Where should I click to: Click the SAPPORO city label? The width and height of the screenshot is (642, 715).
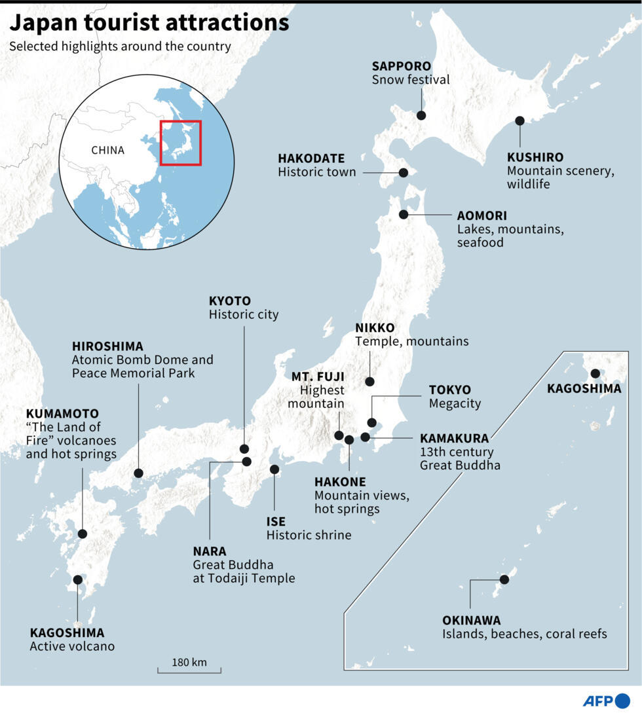click(x=401, y=66)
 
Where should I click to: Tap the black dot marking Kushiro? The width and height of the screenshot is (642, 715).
click(x=519, y=120)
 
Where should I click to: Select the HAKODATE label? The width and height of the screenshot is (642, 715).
click(x=311, y=158)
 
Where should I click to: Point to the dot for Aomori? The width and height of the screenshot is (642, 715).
click(x=404, y=214)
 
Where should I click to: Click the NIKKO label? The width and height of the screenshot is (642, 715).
click(x=375, y=327)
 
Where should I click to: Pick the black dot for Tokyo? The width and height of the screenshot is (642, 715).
click(x=371, y=422)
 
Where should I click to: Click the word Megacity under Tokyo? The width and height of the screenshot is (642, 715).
click(x=455, y=403)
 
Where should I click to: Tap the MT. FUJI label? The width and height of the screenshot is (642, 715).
click(x=318, y=376)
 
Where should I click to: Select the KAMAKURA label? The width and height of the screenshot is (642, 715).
click(x=454, y=438)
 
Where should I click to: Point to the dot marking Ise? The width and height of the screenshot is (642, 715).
click(x=274, y=469)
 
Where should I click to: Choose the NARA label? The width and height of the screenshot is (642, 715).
click(x=210, y=551)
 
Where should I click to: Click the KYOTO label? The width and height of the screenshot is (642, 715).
click(x=229, y=301)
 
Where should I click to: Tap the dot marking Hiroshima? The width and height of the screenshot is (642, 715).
click(x=138, y=473)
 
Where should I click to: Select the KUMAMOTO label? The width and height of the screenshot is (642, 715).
click(x=62, y=414)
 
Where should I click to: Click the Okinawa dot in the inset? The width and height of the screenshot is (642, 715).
click(x=504, y=579)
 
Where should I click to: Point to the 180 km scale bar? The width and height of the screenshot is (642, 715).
click(x=189, y=669)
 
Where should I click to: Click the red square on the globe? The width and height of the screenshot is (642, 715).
click(x=181, y=143)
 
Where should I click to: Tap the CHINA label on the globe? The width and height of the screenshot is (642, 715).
click(x=107, y=150)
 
